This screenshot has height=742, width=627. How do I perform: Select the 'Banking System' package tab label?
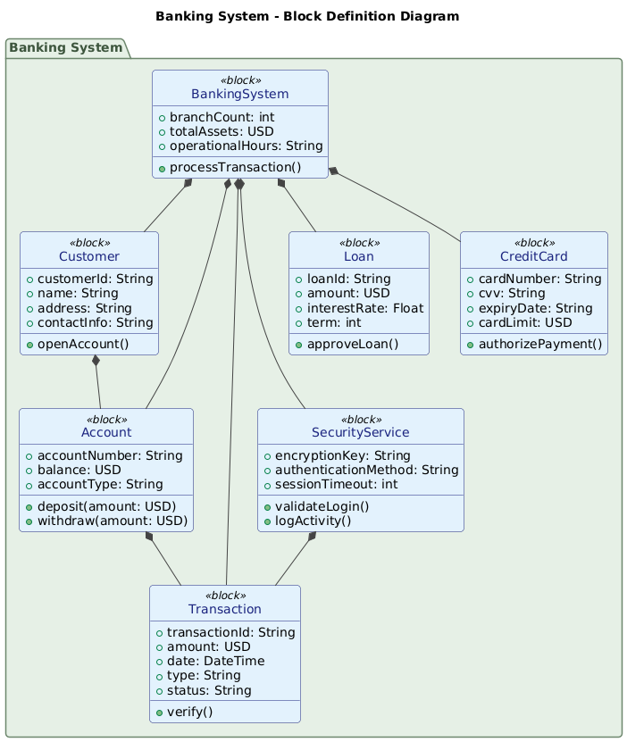click(67, 47)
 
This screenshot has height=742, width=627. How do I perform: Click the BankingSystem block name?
click(239, 94)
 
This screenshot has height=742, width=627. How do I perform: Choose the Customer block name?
click(88, 256)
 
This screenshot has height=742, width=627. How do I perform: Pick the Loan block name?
click(359, 256)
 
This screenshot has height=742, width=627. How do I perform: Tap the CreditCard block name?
click(534, 256)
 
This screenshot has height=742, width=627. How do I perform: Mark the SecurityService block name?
click(360, 432)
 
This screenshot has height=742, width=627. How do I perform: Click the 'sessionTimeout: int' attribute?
click(347, 484)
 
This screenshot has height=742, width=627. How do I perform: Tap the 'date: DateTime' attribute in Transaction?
click(228, 661)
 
